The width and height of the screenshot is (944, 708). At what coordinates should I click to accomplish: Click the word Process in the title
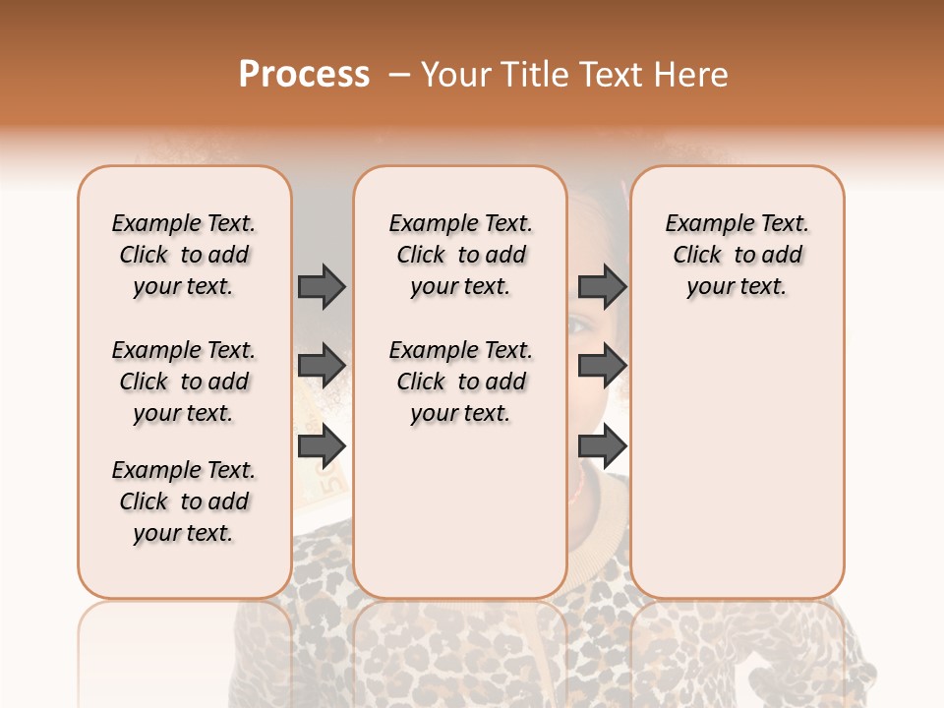point(304,75)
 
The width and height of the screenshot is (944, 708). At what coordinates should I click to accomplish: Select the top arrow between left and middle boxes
point(322,286)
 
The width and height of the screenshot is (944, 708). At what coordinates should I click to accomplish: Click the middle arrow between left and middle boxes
point(322,366)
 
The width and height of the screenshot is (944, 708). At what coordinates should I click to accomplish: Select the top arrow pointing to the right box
point(602,286)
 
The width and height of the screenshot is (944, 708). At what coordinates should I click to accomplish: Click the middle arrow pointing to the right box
point(602,366)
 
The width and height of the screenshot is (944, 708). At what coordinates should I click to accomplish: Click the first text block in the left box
point(184,255)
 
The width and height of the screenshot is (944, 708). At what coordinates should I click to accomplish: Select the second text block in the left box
point(184,382)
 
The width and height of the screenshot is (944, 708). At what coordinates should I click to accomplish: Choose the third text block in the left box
point(184,501)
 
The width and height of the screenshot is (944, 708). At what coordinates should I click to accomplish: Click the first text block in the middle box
point(460,255)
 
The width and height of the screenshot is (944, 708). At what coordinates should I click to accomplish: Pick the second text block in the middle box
point(460,382)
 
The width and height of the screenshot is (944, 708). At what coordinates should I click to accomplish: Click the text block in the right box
point(737,255)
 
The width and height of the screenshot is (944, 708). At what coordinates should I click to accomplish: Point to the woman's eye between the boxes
point(582,325)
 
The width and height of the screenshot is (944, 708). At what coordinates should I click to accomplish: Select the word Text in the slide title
point(612,75)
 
